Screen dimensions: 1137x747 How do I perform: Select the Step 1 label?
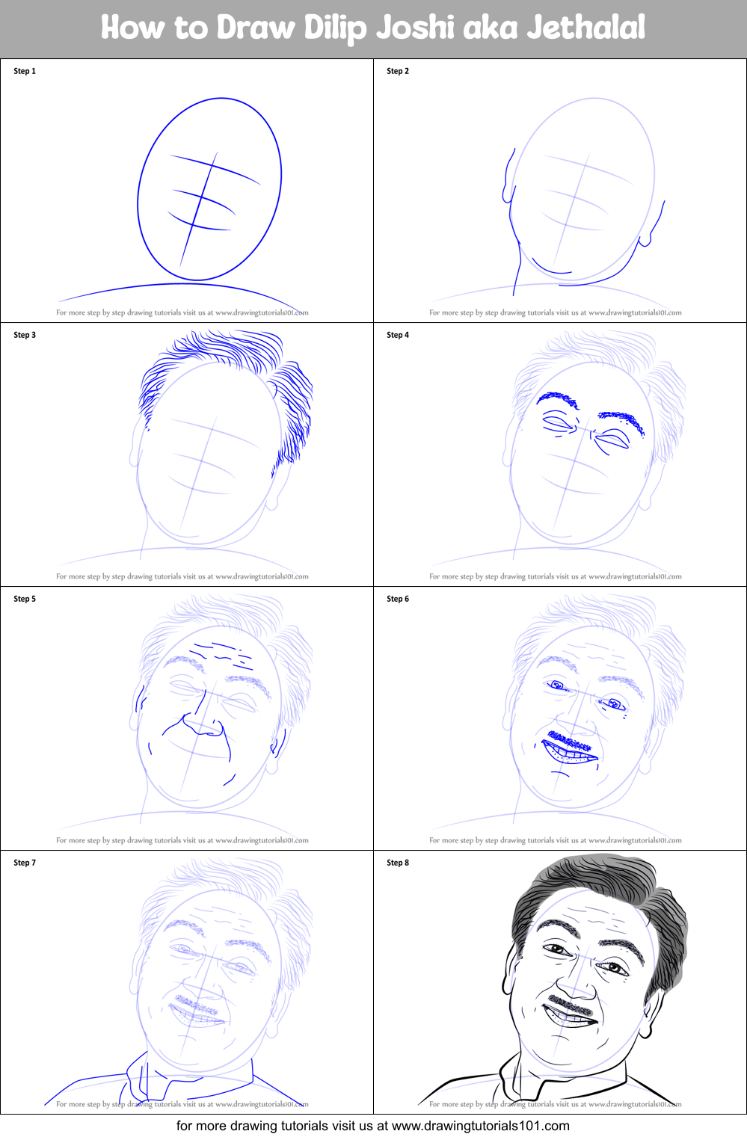(x=25, y=71)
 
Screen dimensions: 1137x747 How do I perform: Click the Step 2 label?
(x=398, y=71)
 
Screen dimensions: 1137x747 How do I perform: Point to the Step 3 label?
(x=25, y=335)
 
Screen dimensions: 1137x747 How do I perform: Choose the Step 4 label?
(x=398, y=335)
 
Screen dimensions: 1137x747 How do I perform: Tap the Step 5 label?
(x=25, y=599)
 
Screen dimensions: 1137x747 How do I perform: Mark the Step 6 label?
(x=398, y=599)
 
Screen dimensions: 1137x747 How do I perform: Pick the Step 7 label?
(x=25, y=863)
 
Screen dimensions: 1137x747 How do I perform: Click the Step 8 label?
(x=398, y=863)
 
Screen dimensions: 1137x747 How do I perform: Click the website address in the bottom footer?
(x=480, y=1126)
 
